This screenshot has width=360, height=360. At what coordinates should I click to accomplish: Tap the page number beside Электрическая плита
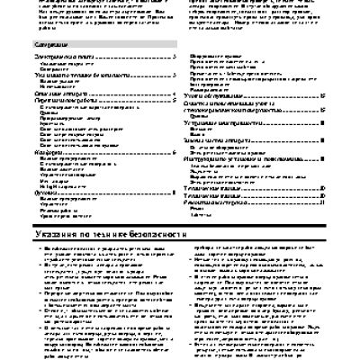tap(174, 57)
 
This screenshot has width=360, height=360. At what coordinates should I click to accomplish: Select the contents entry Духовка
tap(32, 192)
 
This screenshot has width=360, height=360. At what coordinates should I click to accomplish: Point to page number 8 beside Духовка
tap(174, 192)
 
